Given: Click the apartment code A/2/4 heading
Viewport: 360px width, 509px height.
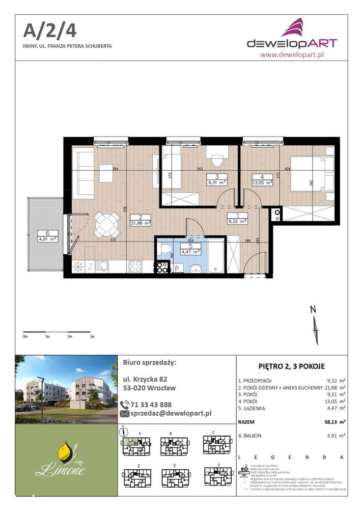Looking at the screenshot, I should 49,30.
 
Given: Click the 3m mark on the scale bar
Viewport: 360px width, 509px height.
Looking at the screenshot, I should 92,337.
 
